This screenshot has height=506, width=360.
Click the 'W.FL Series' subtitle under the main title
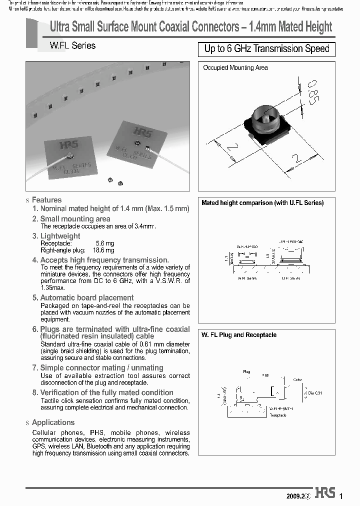tap(72, 45)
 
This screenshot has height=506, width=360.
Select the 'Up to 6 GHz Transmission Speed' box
tap(267, 49)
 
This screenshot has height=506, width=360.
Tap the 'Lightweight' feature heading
tap(59, 236)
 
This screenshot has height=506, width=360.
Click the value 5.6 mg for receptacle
tap(105, 243)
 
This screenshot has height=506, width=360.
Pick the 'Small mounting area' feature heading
tap(75, 219)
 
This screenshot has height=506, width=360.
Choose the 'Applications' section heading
tap(53, 422)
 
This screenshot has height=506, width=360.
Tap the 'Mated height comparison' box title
tap(262, 203)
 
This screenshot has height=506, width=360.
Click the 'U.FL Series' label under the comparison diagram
tap(291, 277)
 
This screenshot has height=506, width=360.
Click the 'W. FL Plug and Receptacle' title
tap(238, 335)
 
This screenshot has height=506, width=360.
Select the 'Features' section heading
tap(46, 200)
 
